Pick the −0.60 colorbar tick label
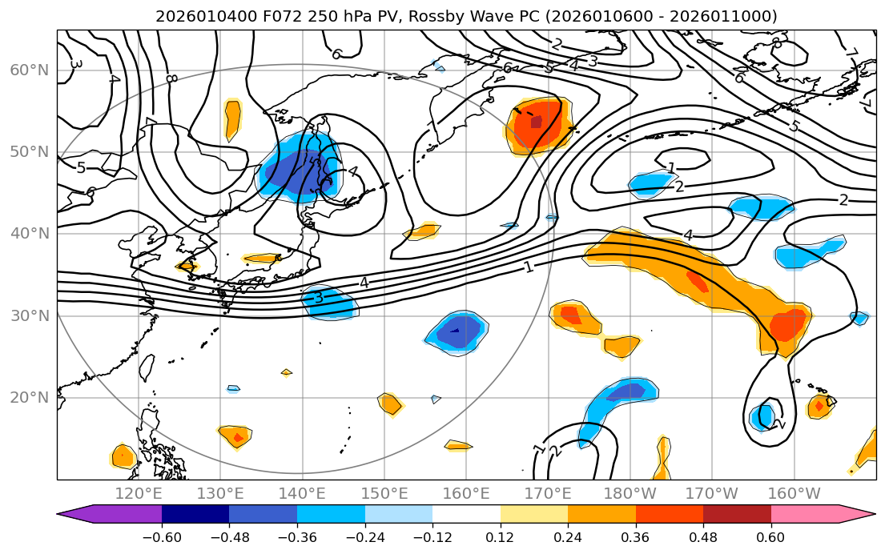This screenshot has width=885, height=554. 161,536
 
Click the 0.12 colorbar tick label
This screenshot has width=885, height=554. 500,536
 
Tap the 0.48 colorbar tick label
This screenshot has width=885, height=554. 702,536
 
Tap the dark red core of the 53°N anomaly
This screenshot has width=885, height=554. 536,122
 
